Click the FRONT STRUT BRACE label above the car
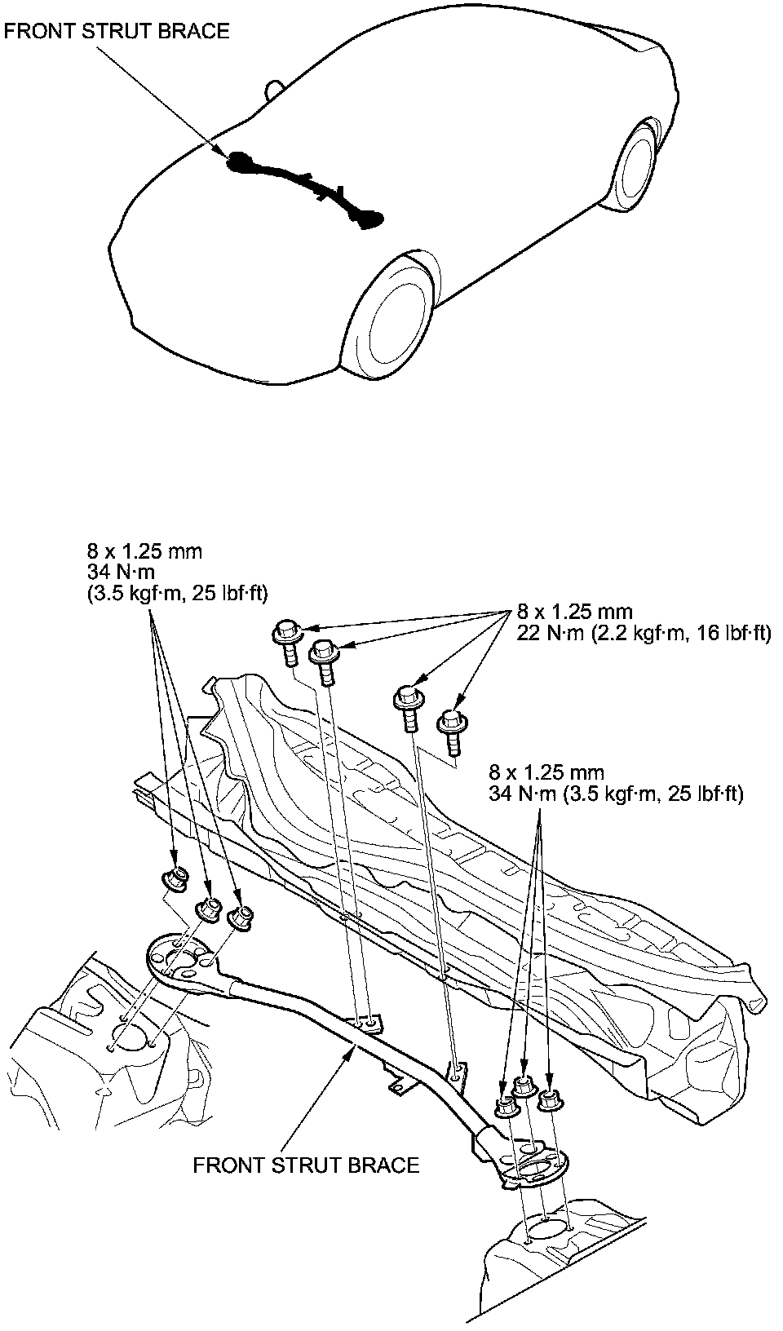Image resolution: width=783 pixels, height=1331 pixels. pos(117,31)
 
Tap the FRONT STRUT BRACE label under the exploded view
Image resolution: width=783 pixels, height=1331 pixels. pos(306,1165)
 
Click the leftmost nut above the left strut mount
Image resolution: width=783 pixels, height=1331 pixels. pos(175,879)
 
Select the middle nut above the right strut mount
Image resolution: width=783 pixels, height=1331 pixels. pos(524,1085)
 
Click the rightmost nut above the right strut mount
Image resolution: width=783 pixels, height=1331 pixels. pos(551,1099)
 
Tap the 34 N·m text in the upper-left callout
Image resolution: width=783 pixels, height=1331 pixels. pos(121,573)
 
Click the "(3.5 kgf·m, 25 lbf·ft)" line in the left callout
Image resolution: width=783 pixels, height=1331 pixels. pos(177,594)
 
